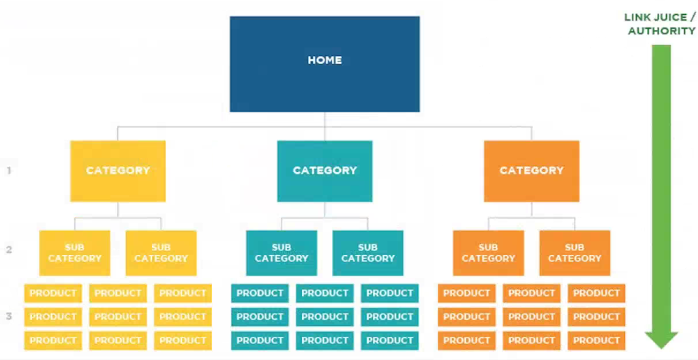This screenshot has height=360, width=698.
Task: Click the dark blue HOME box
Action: (x=324, y=64)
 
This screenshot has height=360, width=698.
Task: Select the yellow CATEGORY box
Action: (x=118, y=171)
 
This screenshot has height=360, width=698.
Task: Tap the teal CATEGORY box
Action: (x=324, y=171)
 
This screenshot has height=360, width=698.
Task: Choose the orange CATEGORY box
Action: (x=532, y=171)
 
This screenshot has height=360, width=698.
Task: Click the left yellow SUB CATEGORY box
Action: (x=75, y=253)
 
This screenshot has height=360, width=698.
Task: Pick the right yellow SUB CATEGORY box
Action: (x=161, y=253)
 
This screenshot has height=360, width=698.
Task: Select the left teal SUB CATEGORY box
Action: (x=282, y=253)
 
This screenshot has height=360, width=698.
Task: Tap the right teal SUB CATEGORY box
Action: (x=367, y=253)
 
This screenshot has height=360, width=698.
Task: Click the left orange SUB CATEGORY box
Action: (x=488, y=253)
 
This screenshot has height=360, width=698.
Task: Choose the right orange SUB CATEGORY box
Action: (x=575, y=253)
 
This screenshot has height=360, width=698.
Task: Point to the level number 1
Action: (x=9, y=170)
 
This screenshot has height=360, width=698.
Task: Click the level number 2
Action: (x=9, y=250)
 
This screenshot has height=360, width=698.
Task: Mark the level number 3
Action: (x=9, y=316)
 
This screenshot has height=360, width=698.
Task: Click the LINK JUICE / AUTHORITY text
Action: (x=660, y=24)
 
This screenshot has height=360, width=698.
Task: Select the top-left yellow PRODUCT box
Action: (x=53, y=293)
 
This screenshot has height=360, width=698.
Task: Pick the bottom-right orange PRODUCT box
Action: (x=596, y=340)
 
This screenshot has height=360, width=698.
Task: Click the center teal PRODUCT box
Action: (x=324, y=317)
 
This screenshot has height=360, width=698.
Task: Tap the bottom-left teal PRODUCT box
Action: (x=260, y=340)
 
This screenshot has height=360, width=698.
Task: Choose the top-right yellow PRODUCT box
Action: (x=183, y=293)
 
